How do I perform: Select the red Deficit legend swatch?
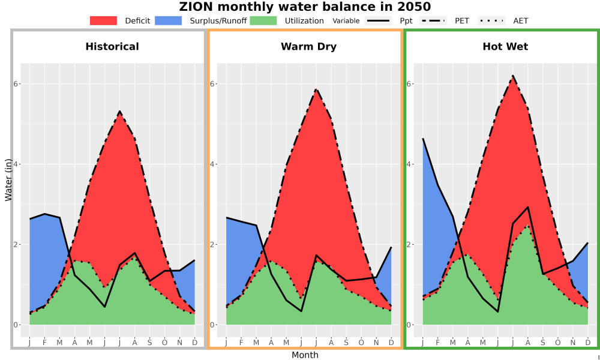(103, 20)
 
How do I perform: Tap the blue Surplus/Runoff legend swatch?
(169, 20)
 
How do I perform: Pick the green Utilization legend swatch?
(263, 20)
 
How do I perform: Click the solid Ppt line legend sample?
(377, 20)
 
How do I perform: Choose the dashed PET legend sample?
(433, 20)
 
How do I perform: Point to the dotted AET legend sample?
(491, 20)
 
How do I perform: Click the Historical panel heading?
(112, 47)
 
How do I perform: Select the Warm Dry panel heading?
(309, 47)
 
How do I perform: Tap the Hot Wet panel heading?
(505, 47)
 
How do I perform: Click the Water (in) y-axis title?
(8, 180)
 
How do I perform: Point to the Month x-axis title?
(305, 355)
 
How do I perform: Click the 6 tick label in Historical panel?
(16, 84)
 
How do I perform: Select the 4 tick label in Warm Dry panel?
(212, 164)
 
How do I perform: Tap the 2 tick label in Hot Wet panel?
(409, 244)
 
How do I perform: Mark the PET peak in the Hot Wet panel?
(513, 76)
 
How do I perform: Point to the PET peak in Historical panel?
(120, 112)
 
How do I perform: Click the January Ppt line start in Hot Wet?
(423, 139)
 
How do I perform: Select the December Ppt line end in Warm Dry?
(391, 247)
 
